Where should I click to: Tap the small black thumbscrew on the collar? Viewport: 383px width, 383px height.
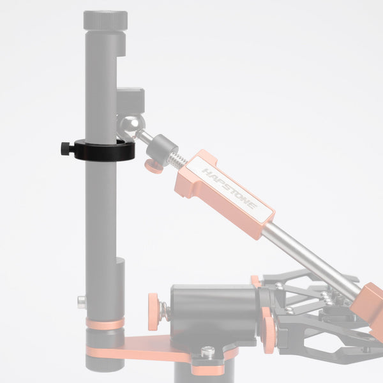pyautogui.click(x=65, y=148)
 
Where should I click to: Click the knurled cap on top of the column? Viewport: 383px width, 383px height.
pyautogui.click(x=105, y=20)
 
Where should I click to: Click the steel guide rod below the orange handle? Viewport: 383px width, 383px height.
pyautogui.click(x=313, y=259)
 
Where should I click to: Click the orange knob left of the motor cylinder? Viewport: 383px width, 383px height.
pyautogui.click(x=154, y=311)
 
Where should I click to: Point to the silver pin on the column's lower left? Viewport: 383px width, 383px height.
pyautogui.click(x=82, y=301)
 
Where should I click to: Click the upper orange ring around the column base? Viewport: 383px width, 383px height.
pyautogui.click(x=105, y=324)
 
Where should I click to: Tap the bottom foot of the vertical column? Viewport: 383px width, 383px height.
pyautogui.click(x=105, y=364)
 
